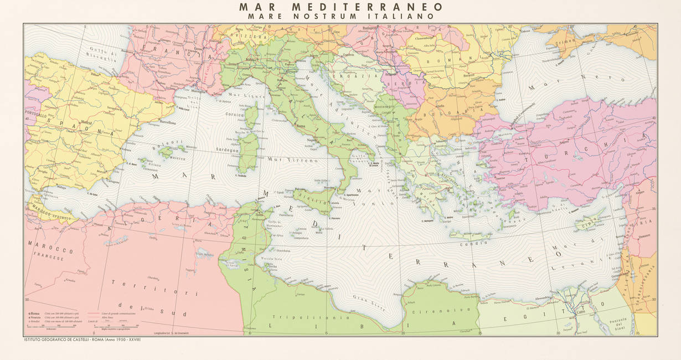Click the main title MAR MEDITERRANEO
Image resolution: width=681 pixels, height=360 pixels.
pyautogui.click(x=341, y=7)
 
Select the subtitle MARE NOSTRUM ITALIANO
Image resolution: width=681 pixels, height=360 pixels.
pyautogui.click(x=341, y=17)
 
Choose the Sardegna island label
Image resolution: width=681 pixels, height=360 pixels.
pyautogui.click(x=227, y=150)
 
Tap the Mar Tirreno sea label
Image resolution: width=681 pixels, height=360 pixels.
pyautogui.click(x=285, y=160)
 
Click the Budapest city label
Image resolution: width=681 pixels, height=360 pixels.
pyautogui.click(x=369, y=28)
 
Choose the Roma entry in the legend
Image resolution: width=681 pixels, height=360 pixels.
pyautogui.click(x=35, y=314)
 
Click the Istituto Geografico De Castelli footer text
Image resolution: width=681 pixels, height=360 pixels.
pyautogui.click(x=83, y=339)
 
